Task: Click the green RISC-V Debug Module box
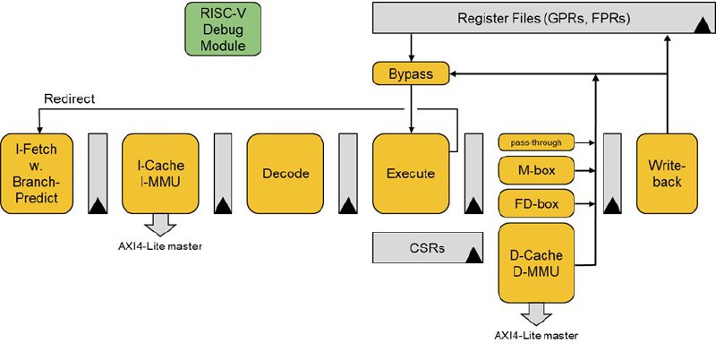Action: [223, 29]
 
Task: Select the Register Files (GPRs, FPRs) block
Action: [544, 18]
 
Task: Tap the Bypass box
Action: [411, 73]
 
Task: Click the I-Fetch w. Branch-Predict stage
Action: [36, 174]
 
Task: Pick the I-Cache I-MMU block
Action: [160, 174]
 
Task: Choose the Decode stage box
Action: [286, 174]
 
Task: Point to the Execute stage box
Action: [411, 174]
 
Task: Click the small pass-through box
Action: [536, 142]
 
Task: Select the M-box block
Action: [536, 170]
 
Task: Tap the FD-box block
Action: [536, 203]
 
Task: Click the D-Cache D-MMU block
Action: [536, 263]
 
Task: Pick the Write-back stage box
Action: [667, 174]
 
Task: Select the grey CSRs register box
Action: [428, 248]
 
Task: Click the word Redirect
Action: [70, 99]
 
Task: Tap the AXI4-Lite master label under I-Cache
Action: [160, 246]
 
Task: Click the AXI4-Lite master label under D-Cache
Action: [536, 336]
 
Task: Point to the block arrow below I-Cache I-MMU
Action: [160, 225]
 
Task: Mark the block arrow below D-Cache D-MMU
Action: [536, 314]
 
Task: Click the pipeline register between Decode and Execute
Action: [348, 174]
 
